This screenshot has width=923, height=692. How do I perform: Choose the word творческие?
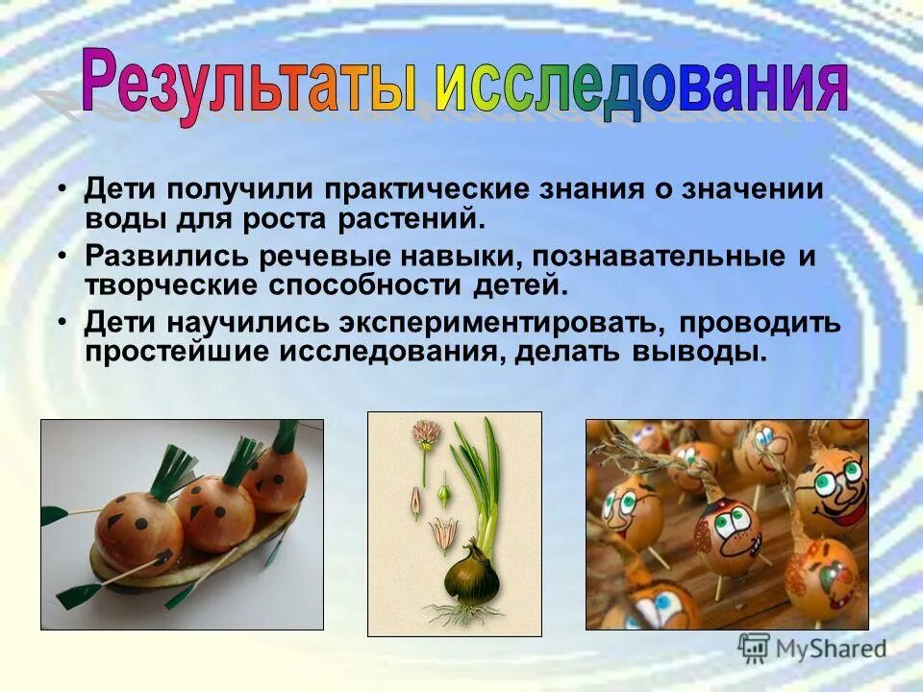172,284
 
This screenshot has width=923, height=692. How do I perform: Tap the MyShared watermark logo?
812,649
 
